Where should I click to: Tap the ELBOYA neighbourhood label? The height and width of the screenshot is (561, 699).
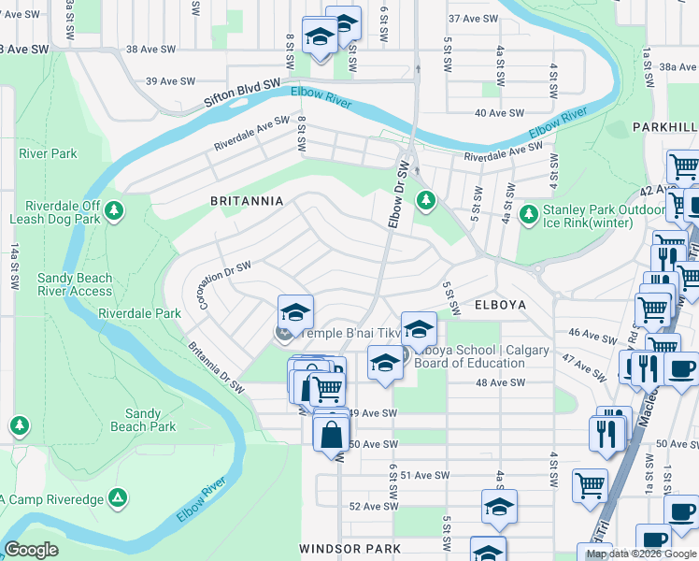500,305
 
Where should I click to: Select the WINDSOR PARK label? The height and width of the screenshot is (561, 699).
350,548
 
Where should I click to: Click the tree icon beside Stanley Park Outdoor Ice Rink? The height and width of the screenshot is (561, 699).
529,215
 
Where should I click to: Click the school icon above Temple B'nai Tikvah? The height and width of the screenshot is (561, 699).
295,312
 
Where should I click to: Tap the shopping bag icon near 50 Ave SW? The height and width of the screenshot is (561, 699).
332,434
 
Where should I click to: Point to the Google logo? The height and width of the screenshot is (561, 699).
31,550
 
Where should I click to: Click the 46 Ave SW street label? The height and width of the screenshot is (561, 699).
587,333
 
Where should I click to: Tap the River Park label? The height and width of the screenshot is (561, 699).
48,153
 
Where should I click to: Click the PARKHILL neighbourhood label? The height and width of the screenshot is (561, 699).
664,126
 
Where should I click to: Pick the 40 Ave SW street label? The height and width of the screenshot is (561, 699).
499,113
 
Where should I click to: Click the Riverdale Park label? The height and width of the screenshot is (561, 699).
139,314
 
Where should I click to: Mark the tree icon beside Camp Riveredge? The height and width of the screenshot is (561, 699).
119,497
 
